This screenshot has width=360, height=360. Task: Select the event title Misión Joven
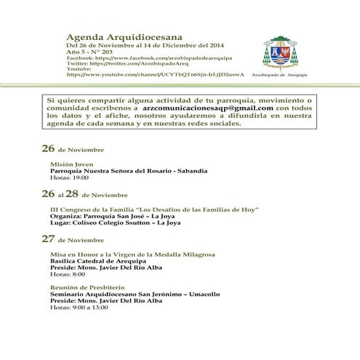tap(68, 164)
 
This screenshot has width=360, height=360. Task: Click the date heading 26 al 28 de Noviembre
tap(84, 195)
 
